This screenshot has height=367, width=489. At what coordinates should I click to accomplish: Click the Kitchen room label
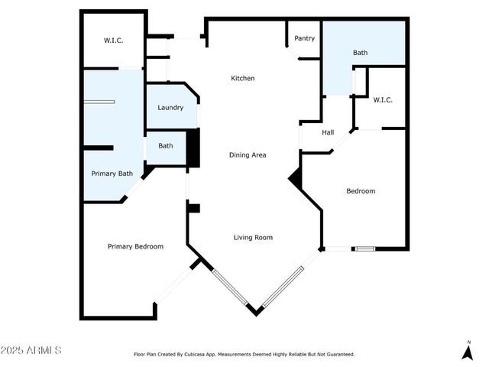pos(243,78)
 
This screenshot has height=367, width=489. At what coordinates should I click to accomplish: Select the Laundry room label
pos(170,108)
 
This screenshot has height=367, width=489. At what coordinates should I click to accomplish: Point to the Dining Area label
pos(248,155)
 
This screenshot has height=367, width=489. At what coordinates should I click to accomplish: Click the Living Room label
pos(253,238)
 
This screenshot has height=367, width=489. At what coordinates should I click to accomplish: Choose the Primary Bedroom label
pos(135,246)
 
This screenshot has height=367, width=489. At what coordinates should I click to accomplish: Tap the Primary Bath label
pos(112,174)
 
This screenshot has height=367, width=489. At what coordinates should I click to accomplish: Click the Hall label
pos(328,133)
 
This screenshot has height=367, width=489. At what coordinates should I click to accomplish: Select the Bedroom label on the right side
pos(361,191)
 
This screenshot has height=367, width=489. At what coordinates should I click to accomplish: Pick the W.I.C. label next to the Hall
pos(382,100)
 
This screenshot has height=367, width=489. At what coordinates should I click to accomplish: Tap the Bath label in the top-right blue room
pos(360,53)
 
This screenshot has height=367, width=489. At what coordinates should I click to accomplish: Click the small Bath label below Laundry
pos(165,146)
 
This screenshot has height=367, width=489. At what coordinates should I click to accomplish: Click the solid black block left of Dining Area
pos(193,148)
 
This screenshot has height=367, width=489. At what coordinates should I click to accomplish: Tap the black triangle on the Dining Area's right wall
pos(296,178)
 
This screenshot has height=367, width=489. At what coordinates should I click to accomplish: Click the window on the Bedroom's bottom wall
pos(364,248)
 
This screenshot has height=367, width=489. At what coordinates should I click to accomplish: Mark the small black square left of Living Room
pos(193,208)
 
